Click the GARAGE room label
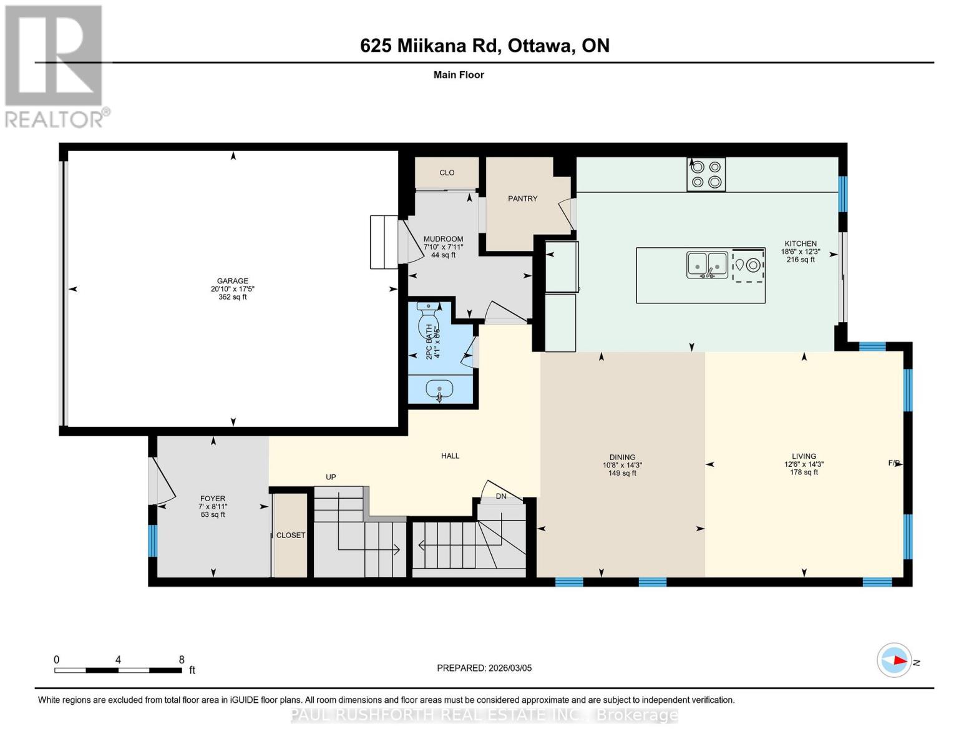tap(232, 281)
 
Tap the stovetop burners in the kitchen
tap(706, 174)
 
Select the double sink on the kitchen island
tap(707, 265)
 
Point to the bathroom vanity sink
tap(439, 390)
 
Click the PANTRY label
tap(522, 198)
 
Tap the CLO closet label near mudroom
tap(447, 173)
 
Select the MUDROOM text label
tap(443, 239)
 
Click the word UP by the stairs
tap(331, 477)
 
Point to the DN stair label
tap(501, 496)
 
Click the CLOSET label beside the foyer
tap(291, 536)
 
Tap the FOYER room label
tap(213, 499)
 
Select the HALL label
tap(450, 456)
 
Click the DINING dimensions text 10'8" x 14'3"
tap(622, 465)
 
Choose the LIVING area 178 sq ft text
tap(804, 472)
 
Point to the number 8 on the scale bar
tap(182, 660)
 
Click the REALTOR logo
tap(55, 66)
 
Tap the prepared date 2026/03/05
tap(509, 668)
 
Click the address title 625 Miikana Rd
tap(430, 46)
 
